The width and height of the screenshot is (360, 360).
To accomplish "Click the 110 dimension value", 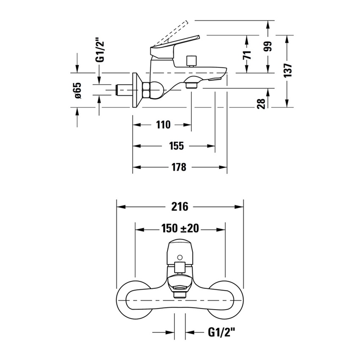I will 163,125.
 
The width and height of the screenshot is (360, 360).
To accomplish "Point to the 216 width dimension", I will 180,207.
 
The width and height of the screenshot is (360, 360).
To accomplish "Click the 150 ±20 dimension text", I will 180,229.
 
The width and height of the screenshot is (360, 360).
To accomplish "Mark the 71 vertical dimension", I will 248,54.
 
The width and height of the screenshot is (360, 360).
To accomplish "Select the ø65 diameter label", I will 78,91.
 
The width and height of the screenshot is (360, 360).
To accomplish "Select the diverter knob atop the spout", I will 191,61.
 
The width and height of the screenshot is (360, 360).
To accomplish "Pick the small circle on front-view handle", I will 180,257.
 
